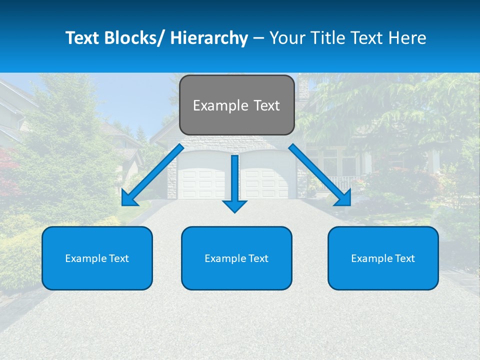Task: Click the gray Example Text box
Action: [236, 105]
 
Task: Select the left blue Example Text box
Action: [97, 258]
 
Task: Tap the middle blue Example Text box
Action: [236, 258]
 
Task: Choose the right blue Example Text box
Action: [383, 258]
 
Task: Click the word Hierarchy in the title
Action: [208, 38]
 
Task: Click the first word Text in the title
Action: [82, 38]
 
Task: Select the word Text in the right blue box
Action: [404, 258]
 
